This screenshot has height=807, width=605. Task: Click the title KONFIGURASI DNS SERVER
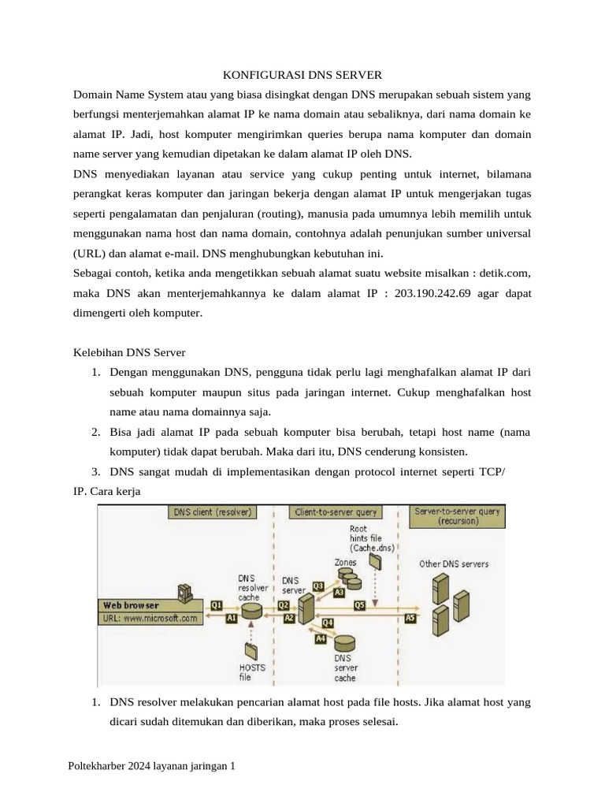pyautogui.click(x=302, y=75)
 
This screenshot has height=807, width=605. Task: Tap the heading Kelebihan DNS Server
pyautogui.click(x=128, y=351)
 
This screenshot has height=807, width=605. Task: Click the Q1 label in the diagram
pyautogui.click(x=217, y=604)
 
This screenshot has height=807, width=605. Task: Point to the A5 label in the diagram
pyautogui.click(x=410, y=619)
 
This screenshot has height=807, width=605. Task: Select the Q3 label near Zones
pyautogui.click(x=318, y=586)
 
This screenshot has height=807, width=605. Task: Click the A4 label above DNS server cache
pyautogui.click(x=321, y=639)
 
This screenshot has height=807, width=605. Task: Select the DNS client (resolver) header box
pyautogui.click(x=210, y=512)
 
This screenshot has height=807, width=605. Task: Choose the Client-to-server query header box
pyautogui.click(x=337, y=512)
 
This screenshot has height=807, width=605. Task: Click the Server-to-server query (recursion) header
pyautogui.click(x=457, y=516)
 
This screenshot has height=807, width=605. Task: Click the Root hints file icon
pyautogui.click(x=375, y=561)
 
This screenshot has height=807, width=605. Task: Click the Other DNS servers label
pyautogui.click(x=454, y=563)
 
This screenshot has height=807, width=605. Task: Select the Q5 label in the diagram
pyautogui.click(x=359, y=604)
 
